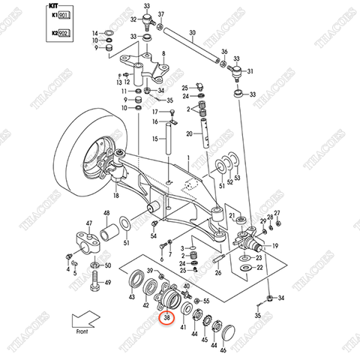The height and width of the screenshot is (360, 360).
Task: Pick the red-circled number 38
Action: coord(166,318)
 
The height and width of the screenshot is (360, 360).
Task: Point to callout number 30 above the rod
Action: coord(193,32)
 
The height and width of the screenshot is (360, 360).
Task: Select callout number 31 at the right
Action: coord(250,72)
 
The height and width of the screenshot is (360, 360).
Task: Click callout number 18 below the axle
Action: coord(116,196)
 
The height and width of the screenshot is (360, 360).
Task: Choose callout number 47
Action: coord(88,223)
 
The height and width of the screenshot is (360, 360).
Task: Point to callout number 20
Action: coord(190,135)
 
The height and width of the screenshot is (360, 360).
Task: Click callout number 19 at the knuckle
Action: coord(275,246)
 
